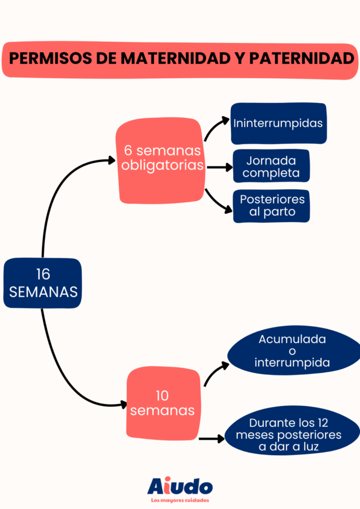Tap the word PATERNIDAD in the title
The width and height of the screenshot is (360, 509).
tap(301, 59)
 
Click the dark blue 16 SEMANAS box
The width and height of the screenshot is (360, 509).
tap(43, 283)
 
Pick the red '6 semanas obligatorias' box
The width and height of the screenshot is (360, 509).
tap(162, 159)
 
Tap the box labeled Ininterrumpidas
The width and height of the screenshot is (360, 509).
tap(278, 123)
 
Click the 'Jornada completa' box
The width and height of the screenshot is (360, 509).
tap(271, 167)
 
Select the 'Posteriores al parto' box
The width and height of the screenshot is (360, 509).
tap(271, 206)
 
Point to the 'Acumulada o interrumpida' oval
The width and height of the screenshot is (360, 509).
tap(293, 352)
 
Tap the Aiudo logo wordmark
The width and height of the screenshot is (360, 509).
tap(180, 486)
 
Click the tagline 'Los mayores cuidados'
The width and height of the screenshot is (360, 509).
tap(180, 500)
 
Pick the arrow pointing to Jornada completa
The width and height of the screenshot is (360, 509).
tap(219, 168)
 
